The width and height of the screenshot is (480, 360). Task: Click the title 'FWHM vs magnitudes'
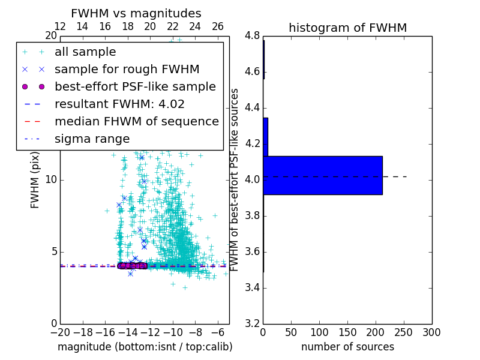(x=136, y=13)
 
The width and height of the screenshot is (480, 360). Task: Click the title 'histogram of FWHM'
(x=347, y=28)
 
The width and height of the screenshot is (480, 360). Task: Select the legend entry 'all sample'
(x=85, y=52)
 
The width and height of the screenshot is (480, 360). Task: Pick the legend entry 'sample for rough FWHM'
(x=127, y=69)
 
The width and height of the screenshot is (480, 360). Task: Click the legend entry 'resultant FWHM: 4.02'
(x=119, y=104)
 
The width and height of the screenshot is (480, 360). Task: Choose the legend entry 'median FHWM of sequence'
(x=136, y=121)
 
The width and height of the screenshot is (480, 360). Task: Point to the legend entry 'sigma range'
(x=92, y=139)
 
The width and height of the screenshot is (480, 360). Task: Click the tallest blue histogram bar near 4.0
(x=322, y=175)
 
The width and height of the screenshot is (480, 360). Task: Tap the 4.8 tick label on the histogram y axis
(x=251, y=35)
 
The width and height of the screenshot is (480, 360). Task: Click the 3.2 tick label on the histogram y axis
(x=251, y=323)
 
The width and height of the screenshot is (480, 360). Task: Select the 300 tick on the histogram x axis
(x=431, y=332)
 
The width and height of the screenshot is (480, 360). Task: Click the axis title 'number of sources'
(x=347, y=347)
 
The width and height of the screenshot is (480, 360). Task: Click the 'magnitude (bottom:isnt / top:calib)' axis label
(x=145, y=347)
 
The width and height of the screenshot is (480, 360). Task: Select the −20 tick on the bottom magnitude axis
(x=60, y=332)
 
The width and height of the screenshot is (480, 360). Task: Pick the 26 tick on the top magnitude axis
(x=218, y=26)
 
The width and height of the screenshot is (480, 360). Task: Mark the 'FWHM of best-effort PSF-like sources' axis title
(x=235, y=179)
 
